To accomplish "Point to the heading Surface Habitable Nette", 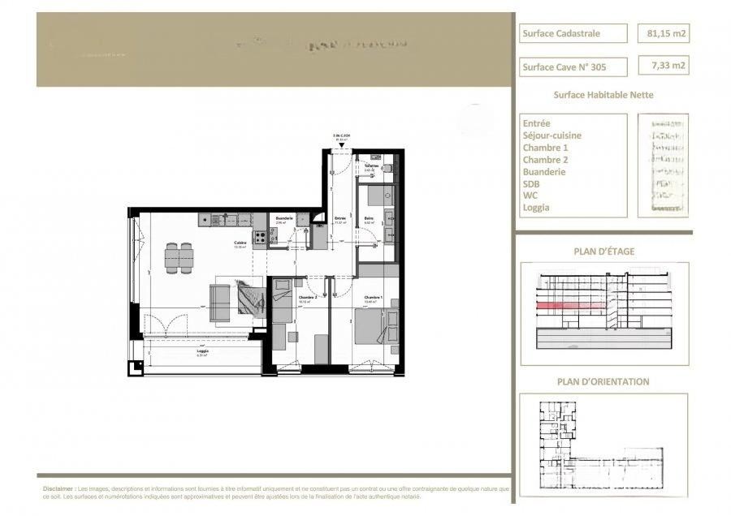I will [603, 95].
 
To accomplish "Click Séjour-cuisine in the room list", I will [552, 135].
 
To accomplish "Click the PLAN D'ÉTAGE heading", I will [603, 252].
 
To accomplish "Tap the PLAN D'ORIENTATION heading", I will [603, 381].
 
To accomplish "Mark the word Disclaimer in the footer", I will [58, 490].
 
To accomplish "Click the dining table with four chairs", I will [180, 258].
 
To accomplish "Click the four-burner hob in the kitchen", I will [262, 238].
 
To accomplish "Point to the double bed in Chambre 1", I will [371, 329].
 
